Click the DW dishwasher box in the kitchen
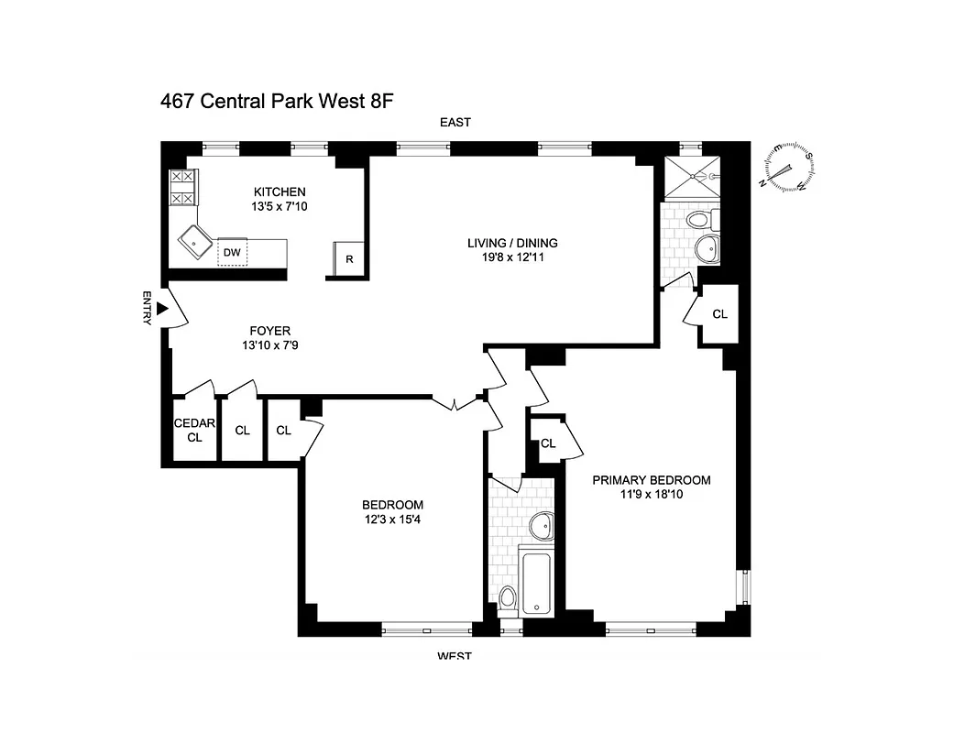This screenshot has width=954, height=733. point(232,252)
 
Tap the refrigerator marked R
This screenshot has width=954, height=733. point(349,258)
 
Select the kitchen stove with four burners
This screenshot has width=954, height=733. point(182,187)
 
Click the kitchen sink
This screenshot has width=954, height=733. point(196,242)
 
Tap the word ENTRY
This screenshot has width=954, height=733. point(147,308)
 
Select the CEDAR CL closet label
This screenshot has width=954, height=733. point(194,430)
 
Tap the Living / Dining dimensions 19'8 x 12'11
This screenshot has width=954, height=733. point(512,257)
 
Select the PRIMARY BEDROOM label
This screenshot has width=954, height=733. point(651,480)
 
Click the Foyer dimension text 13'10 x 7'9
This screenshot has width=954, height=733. point(270,345)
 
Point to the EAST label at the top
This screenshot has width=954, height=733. point(455,123)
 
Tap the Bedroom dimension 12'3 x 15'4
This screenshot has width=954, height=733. point(392,520)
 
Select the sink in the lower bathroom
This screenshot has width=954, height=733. point(542,524)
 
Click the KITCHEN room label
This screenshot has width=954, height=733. point(280,191)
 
